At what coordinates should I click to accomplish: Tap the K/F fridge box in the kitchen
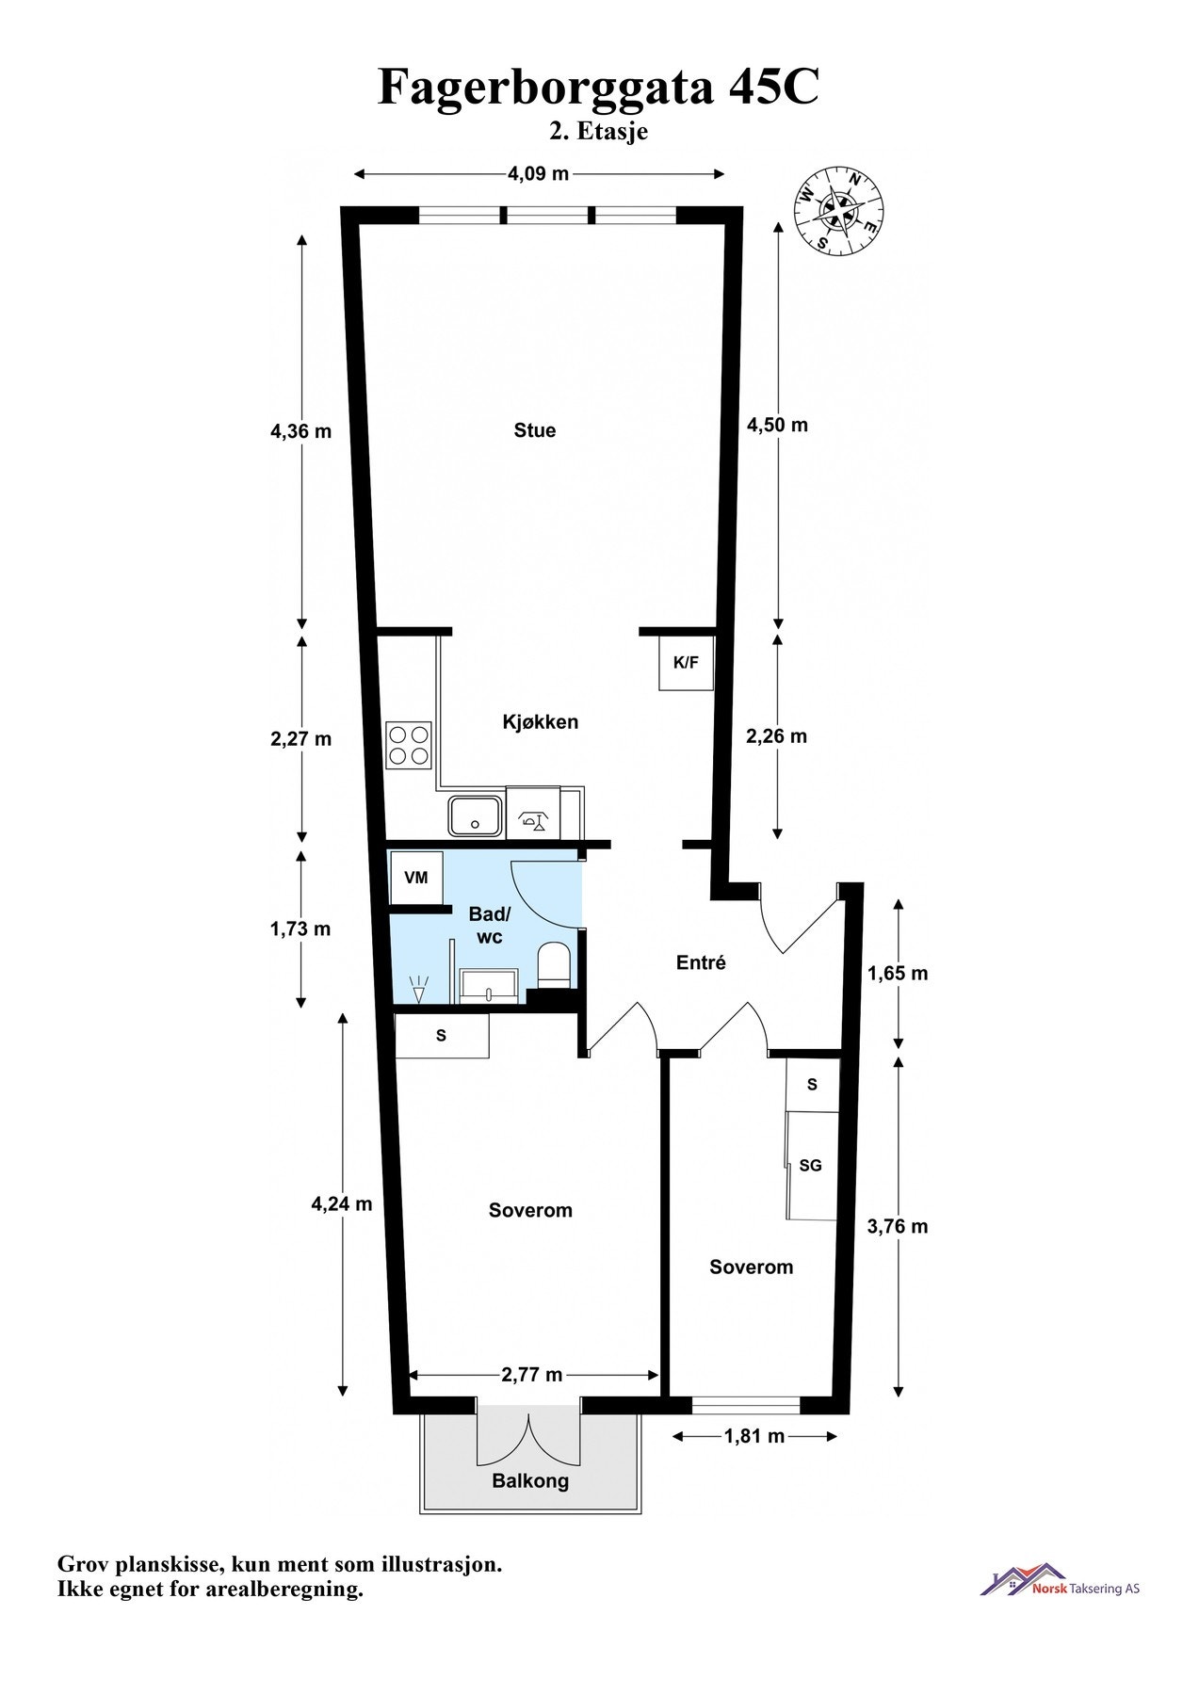coord(686,663)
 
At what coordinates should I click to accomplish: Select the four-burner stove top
coord(409,745)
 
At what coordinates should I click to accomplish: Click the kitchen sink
coord(476,815)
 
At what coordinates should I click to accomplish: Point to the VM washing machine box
coord(415,878)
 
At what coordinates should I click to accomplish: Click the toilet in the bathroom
coord(554,968)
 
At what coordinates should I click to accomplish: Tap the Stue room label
coord(534,430)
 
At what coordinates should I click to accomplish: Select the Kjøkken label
coord(540,722)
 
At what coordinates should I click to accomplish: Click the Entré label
coord(701,962)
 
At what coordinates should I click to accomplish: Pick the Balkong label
coord(530,1480)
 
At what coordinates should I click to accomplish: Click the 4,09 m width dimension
coord(538,173)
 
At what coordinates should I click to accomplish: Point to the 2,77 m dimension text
coord(532,1375)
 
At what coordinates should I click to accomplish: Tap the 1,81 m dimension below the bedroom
coord(753,1436)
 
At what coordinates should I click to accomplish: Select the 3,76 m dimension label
coord(897,1226)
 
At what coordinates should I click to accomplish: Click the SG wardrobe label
coord(810,1166)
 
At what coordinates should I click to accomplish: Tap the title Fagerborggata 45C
coord(598,88)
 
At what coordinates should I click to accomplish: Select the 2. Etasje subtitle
coord(599,132)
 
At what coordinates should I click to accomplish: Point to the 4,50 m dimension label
coord(777,425)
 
